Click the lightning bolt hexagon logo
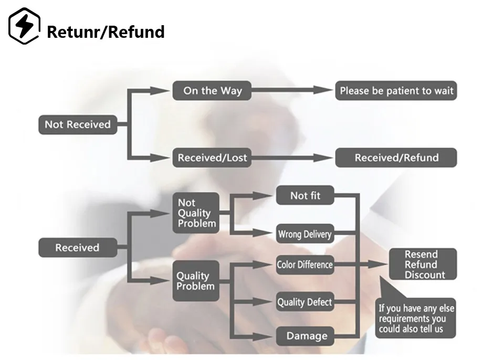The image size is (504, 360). pyautogui.click(x=24, y=26)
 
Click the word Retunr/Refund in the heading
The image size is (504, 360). pyautogui.click(x=106, y=32)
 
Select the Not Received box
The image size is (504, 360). pyautogui.click(x=78, y=124)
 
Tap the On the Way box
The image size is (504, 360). pyautogui.click(x=212, y=91)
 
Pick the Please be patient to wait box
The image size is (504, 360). pyautogui.click(x=396, y=91)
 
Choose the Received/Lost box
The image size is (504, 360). pyautogui.click(x=212, y=157)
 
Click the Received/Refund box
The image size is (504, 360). pyautogui.click(x=396, y=157)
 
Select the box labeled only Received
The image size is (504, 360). pyautogui.click(x=78, y=248)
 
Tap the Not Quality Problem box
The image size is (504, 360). pyautogui.click(x=196, y=213)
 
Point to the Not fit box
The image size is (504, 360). pyautogui.click(x=305, y=196)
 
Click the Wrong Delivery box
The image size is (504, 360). pyautogui.click(x=305, y=234)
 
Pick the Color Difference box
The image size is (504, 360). pyautogui.click(x=305, y=265)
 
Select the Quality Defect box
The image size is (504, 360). pyautogui.click(x=305, y=302)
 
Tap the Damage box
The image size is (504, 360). pyautogui.click(x=305, y=336)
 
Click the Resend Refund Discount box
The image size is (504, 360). pyautogui.click(x=423, y=264)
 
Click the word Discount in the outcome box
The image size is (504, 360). pyautogui.click(x=425, y=275)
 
